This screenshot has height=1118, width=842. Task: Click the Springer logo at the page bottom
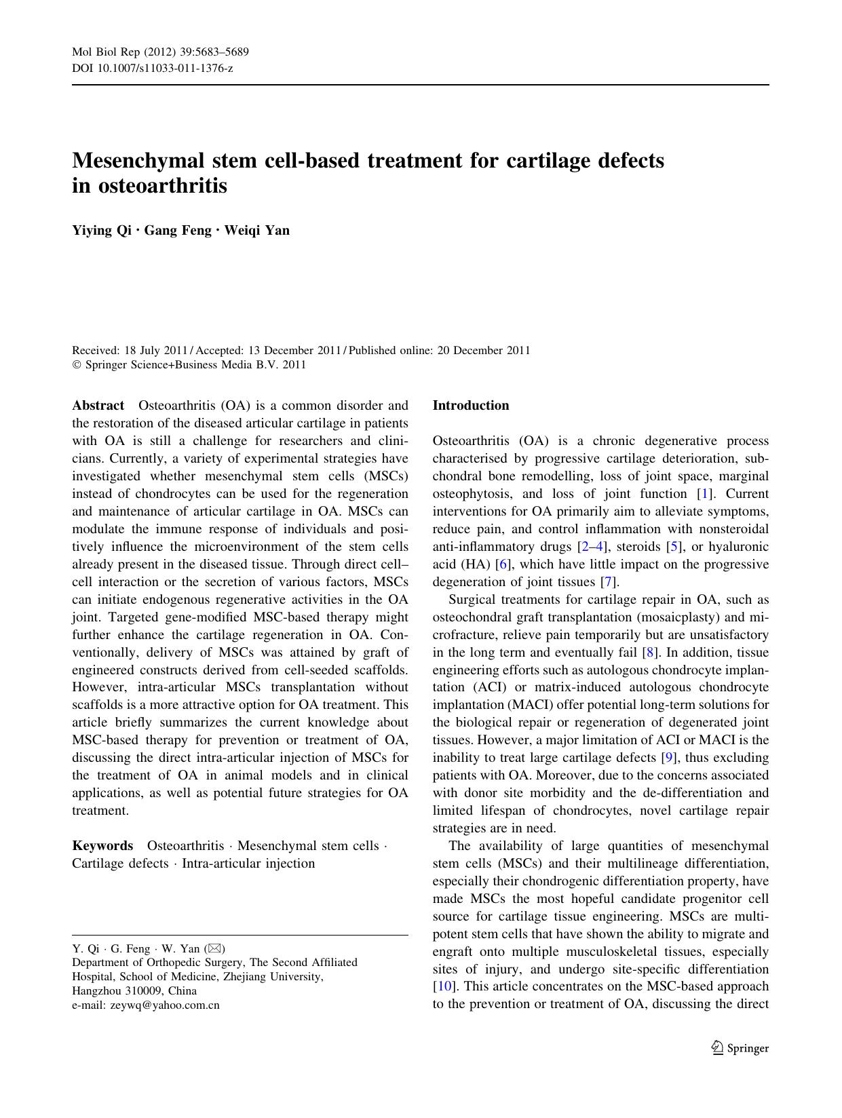pos(740,1048)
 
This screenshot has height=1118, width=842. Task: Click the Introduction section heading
pos(470,406)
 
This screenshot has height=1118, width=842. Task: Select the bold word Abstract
pos(98,406)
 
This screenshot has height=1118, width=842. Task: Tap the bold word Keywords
pos(102,846)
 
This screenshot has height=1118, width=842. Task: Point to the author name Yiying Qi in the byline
pos(102,230)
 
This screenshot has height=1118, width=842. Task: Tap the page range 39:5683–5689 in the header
pos(212,52)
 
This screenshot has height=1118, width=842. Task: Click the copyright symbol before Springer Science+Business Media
pos(76,365)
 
